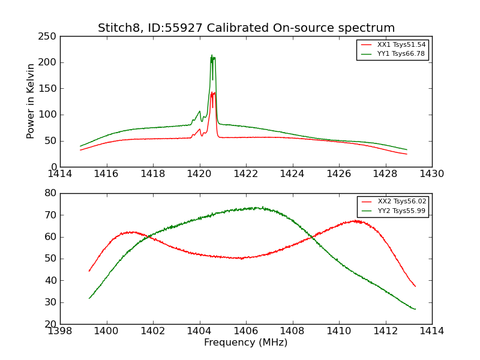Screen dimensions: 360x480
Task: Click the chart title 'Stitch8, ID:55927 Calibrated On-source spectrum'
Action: click(x=246, y=28)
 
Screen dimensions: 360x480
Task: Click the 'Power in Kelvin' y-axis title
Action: click(x=31, y=101)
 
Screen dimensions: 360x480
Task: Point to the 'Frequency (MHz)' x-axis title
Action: click(x=246, y=343)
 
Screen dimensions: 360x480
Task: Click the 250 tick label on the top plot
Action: click(x=49, y=37)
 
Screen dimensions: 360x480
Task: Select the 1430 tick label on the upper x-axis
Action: click(x=431, y=174)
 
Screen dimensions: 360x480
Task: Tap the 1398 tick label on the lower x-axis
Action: click(x=60, y=331)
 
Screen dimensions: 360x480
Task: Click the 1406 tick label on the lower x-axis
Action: click(x=246, y=331)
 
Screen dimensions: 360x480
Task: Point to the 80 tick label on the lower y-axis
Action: click(x=50, y=193)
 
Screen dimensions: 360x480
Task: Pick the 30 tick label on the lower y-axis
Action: click(x=50, y=302)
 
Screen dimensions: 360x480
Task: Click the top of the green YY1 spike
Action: click(x=212, y=56)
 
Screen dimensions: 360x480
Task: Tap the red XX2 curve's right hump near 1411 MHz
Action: click(x=356, y=221)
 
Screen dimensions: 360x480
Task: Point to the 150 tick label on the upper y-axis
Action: click(x=49, y=89)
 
